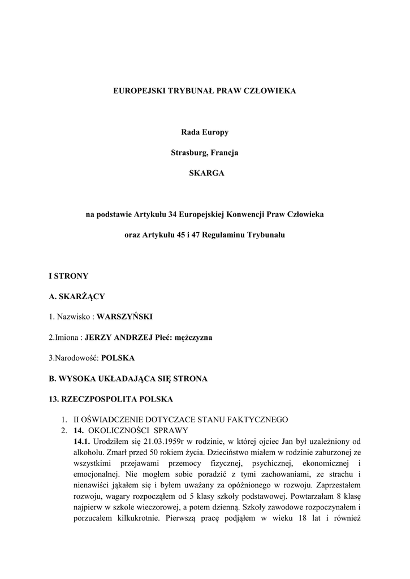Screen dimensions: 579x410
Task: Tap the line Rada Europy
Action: tap(205, 132)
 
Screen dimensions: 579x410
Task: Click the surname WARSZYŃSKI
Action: tap(124, 317)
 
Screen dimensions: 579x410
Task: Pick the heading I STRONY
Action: tap(68, 276)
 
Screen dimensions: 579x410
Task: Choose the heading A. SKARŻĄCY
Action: tap(77, 296)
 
